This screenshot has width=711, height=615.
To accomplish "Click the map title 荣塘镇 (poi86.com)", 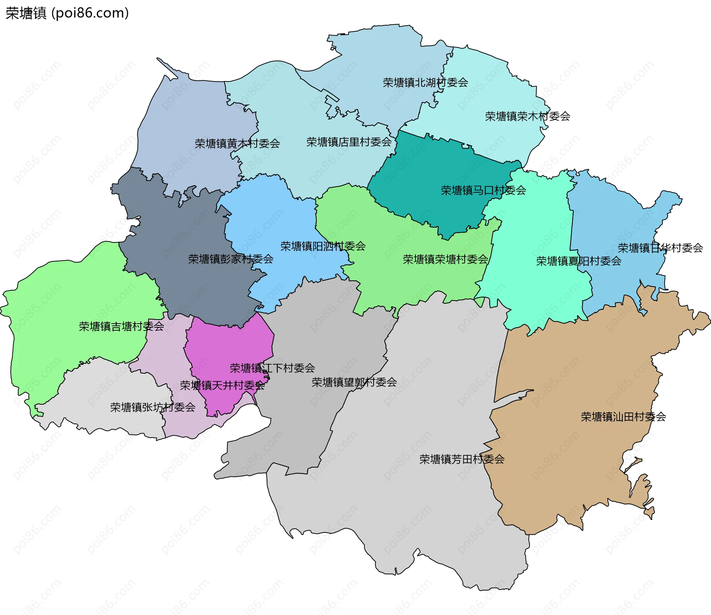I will [67, 13].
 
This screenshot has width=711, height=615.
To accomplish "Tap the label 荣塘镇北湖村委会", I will [425, 82].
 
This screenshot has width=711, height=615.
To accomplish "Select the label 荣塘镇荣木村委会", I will [527, 116].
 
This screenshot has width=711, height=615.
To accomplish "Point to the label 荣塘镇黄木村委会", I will [237, 143].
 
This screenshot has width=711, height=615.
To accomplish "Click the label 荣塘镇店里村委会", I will [349, 142].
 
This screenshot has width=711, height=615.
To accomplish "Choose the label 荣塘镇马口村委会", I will [483, 190].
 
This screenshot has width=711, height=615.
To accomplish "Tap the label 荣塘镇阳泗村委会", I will [323, 246].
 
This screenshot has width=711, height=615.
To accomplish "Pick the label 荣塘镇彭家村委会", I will [231, 259].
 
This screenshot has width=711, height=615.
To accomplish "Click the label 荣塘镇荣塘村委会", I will [445, 259].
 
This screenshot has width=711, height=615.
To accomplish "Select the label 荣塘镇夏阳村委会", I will [578, 261].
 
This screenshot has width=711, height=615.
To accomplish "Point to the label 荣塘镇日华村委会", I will [660, 248].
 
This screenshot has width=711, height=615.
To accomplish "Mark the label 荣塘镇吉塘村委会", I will [121, 326].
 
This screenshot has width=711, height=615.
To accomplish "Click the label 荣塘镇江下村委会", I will [272, 368].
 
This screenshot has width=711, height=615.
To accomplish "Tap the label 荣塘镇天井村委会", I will [222, 385].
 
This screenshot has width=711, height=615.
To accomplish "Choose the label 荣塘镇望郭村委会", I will [354, 382].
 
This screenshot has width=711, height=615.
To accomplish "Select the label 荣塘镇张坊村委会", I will [153, 407].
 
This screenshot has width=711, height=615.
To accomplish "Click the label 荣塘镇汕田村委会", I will [623, 417].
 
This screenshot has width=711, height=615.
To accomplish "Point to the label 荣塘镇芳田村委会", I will [462, 459].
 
